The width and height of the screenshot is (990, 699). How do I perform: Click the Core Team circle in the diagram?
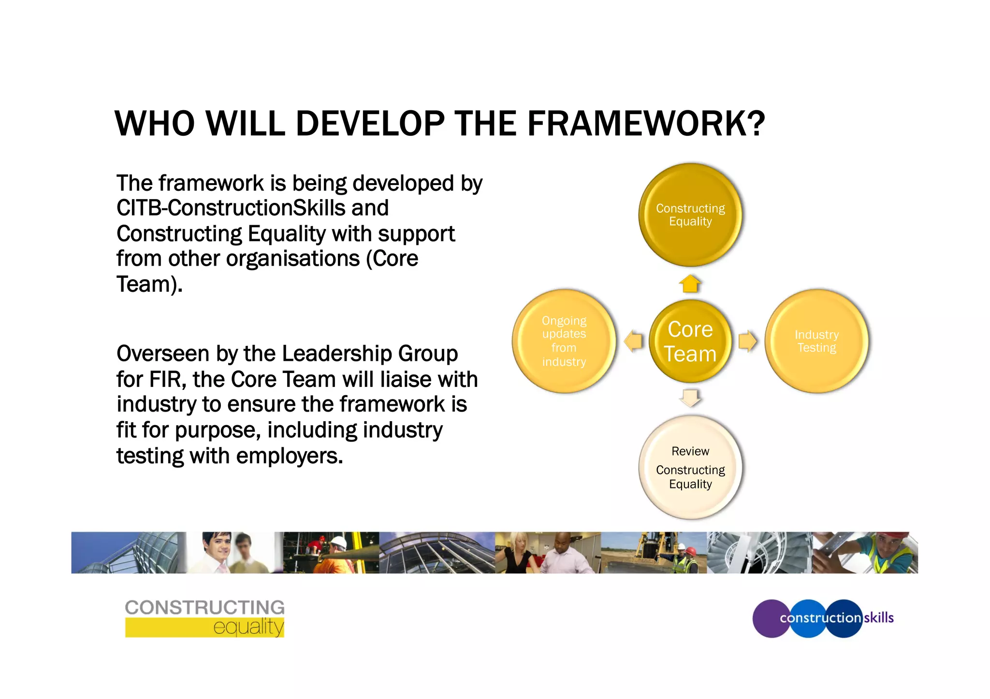(690, 341)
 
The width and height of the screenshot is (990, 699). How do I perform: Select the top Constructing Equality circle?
(690, 215)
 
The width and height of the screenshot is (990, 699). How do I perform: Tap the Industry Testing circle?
(816, 341)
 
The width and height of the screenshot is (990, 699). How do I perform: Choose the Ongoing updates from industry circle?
(564, 341)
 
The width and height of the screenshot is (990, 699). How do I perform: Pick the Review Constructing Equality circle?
(690, 467)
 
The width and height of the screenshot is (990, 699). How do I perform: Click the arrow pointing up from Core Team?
(690, 284)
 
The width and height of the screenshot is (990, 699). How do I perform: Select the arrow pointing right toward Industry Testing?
(747, 341)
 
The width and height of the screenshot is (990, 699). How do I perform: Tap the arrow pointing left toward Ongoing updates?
(633, 341)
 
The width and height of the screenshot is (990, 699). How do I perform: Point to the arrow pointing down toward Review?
(690, 398)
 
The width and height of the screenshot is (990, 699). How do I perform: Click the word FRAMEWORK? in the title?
(646, 124)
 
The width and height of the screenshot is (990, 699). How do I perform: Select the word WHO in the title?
(155, 124)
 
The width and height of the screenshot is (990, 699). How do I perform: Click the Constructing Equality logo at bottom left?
(204, 618)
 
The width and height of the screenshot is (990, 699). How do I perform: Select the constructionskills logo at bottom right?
(823, 618)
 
